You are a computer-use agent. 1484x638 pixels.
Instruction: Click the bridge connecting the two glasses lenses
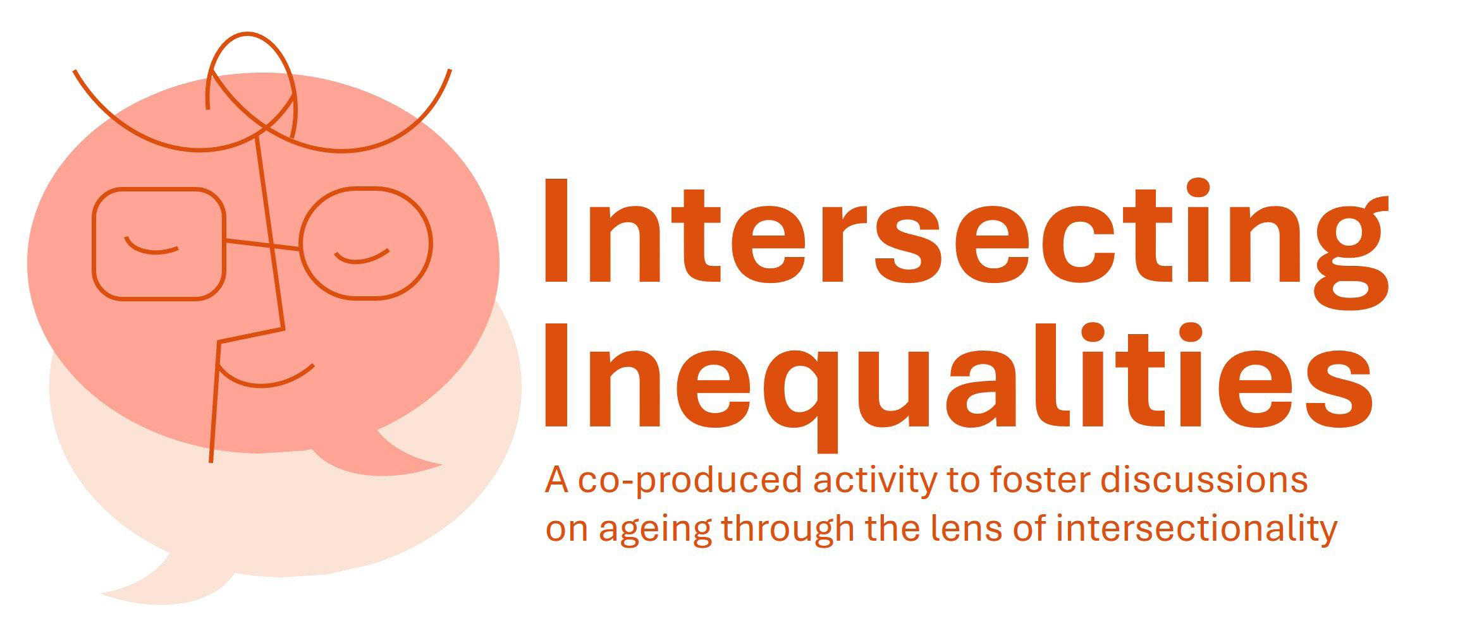click(x=262, y=244)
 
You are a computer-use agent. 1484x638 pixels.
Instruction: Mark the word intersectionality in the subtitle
click(x=1196, y=529)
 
